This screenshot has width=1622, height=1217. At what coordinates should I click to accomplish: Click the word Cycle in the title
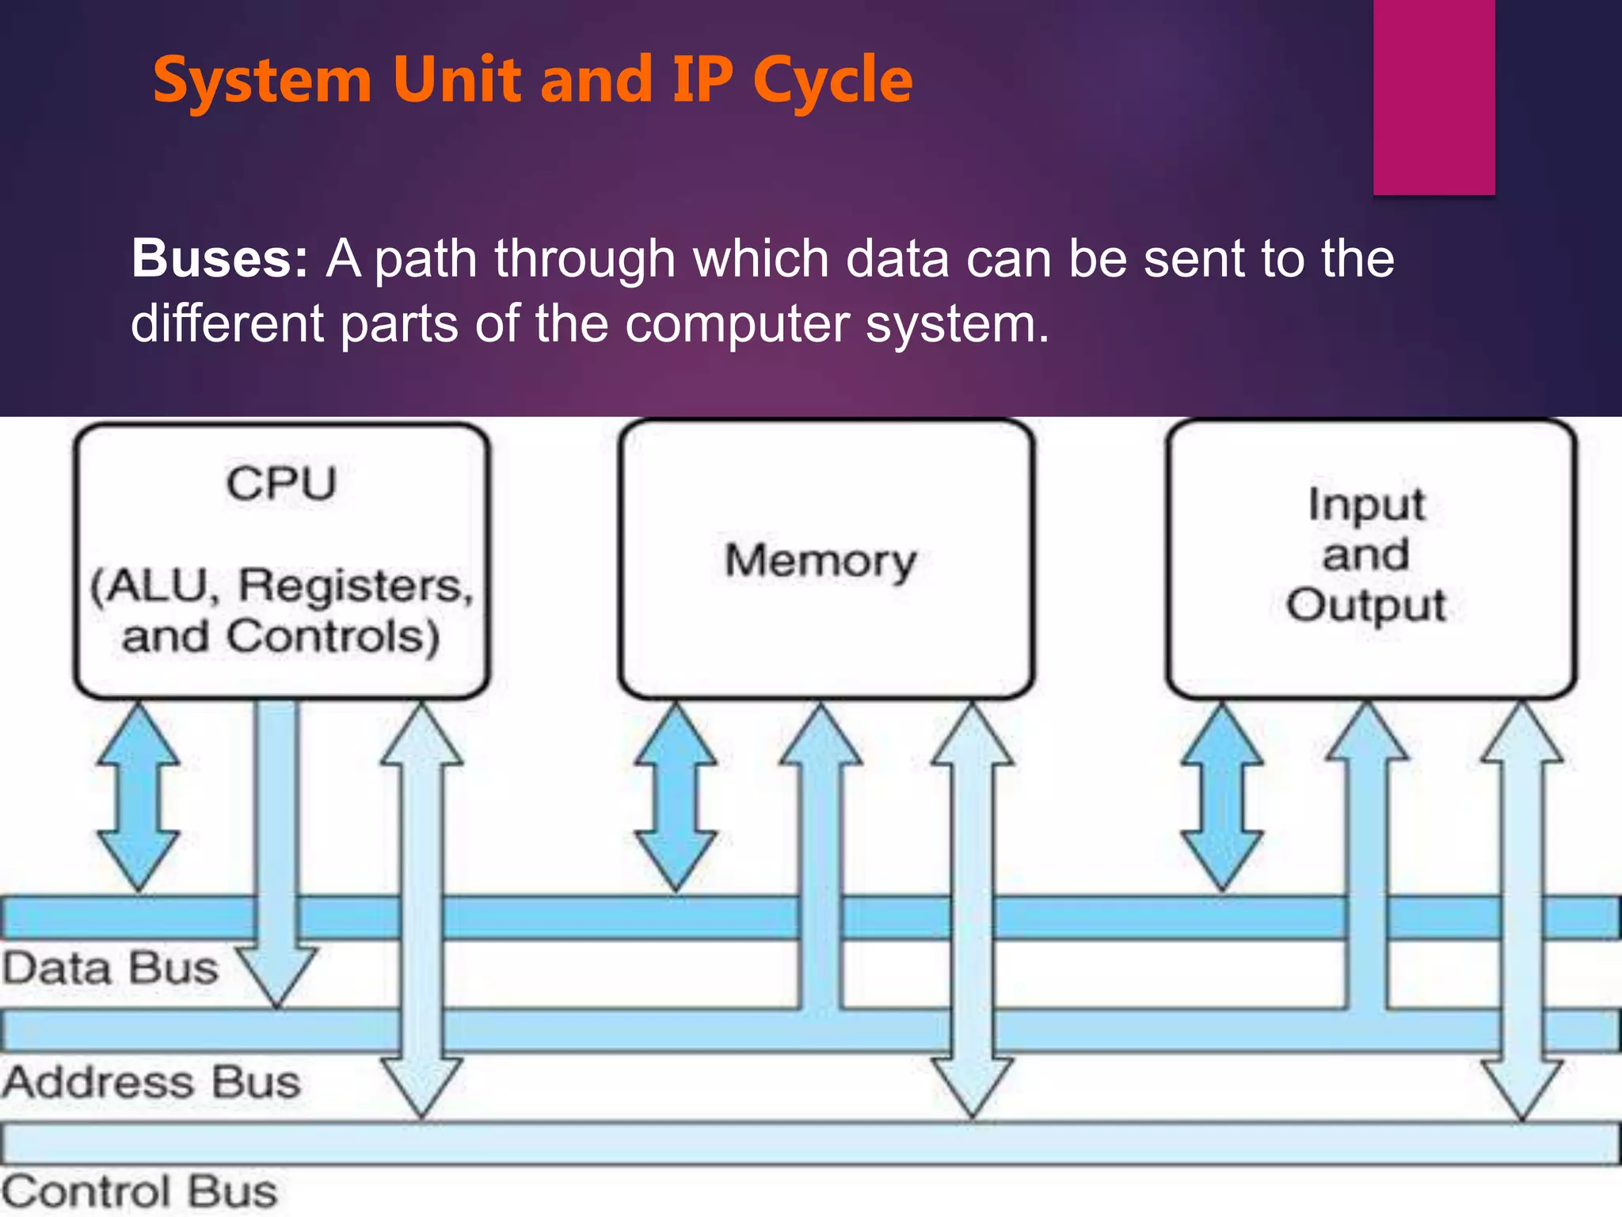832,81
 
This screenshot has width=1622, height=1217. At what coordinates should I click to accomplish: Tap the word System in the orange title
262,81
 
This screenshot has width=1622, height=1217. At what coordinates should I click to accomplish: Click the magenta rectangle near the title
1434,97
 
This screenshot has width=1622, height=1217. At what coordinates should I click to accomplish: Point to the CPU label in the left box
281,483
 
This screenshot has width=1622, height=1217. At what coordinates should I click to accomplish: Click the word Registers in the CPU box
356,587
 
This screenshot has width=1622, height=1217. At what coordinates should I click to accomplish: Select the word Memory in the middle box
821,561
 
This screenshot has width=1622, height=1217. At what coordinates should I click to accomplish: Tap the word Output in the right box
1366,605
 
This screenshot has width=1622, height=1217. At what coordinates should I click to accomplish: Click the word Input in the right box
1366,505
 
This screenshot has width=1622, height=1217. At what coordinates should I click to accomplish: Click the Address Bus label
150,1082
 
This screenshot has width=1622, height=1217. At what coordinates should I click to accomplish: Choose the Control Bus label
139,1192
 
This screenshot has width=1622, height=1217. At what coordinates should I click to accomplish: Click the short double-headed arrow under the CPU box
139,797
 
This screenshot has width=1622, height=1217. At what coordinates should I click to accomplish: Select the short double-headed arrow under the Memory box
676,797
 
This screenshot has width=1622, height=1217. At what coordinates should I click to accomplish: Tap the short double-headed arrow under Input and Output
1222,797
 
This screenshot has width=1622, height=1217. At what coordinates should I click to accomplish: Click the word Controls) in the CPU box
333,637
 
